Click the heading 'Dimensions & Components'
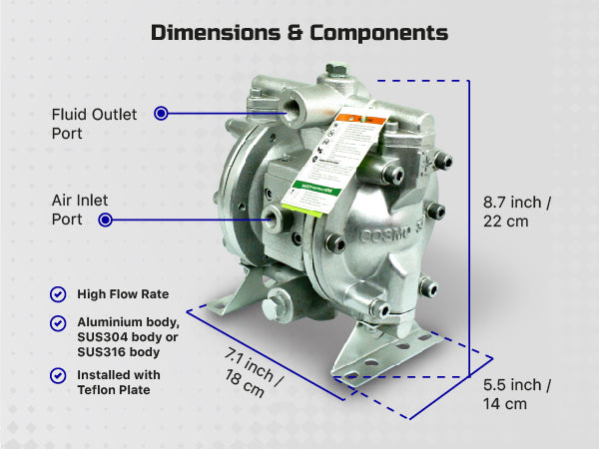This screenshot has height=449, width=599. pos(299,32)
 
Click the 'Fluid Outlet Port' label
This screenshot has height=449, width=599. pos(95,123)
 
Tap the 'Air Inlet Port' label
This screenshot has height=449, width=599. pos(80,210)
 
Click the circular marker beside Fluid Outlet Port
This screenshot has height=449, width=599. pos(161,114)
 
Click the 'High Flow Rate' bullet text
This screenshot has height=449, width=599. pos(123,294)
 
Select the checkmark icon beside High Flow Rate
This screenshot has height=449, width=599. pos(58,294)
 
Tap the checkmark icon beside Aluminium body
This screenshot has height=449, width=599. pos(58,324)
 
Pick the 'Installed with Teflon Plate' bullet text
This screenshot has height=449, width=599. pos(119,383)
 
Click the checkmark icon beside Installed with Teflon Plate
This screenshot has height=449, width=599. pos(58,375)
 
